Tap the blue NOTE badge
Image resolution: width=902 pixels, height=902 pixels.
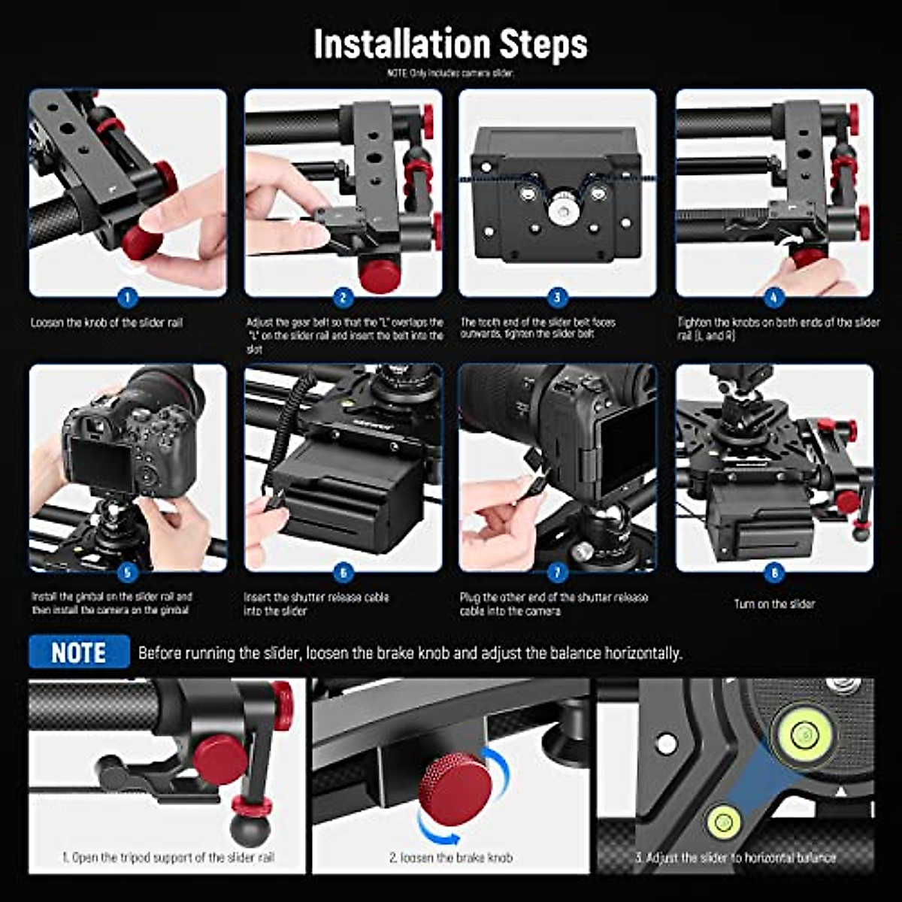(79, 652)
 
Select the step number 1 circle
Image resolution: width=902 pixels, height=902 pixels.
(127, 298)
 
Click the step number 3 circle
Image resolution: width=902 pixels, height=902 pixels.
(557, 298)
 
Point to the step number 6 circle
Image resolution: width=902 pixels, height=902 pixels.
(343, 573)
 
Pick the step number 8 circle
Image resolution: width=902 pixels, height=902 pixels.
(773, 573)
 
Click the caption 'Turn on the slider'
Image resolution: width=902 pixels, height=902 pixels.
(774, 604)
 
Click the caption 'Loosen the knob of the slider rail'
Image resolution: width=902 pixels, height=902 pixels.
(107, 322)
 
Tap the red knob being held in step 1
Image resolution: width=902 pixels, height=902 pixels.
(140, 240)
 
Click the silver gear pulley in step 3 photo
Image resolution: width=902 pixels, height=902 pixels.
(558, 210)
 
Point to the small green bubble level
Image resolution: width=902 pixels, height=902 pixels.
(724, 822)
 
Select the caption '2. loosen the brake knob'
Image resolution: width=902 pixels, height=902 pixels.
(451, 858)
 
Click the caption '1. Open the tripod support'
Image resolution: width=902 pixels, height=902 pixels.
(168, 858)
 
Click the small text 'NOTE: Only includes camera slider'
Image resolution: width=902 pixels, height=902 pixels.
(450, 74)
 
